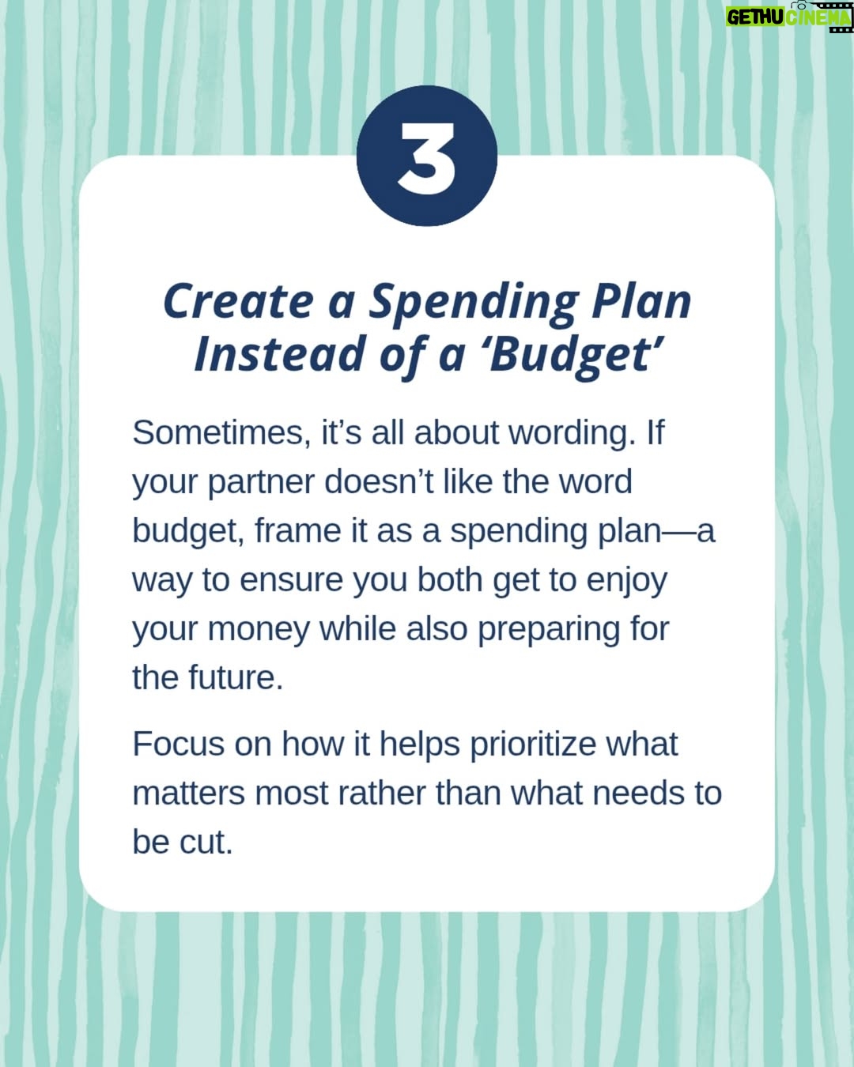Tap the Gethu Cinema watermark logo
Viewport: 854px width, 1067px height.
tap(789, 17)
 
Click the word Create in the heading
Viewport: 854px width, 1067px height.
tap(239, 301)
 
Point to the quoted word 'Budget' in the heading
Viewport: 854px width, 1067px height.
tap(576, 356)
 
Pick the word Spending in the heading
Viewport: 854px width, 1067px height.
tap(474, 304)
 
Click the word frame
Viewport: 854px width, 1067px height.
tap(298, 530)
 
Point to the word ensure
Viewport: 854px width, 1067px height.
tap(291, 581)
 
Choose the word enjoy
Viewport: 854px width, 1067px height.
tap(627, 581)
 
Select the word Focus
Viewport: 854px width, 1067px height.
tap(179, 745)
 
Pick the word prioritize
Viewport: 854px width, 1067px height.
tap(533, 745)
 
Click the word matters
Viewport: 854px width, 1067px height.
tap(188, 794)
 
